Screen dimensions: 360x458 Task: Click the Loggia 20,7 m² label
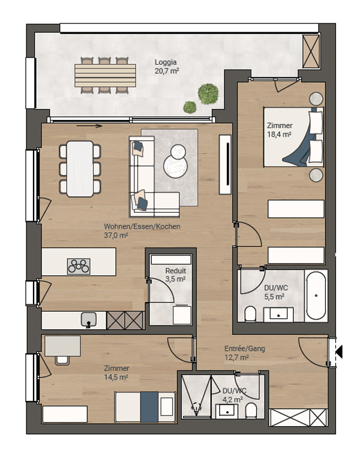pyautogui.click(x=167, y=67)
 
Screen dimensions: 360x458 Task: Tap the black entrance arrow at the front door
pyautogui.click(x=339, y=351)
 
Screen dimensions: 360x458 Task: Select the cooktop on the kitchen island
pyautogui.click(x=79, y=266)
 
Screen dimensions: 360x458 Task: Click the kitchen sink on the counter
pyautogui.click(x=89, y=319)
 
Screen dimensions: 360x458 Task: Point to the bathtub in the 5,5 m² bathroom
pyautogui.click(x=316, y=296)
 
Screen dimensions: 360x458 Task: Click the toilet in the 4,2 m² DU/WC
pyautogui.click(x=251, y=411)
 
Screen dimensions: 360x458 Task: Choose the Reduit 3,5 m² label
pyautogui.click(x=175, y=275)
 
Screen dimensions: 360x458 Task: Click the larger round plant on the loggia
pyautogui.click(x=208, y=94)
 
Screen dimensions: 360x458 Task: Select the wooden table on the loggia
pyautogui.click(x=105, y=76)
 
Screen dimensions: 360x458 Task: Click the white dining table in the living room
pyautogui.click(x=80, y=169)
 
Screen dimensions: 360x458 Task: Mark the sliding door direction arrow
pyautogui.click(x=89, y=126)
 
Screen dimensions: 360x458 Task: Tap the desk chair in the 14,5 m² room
pyautogui.click(x=62, y=360)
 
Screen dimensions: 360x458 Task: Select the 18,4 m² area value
pyautogui.click(x=279, y=134)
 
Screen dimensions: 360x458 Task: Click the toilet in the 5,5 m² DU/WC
pyautogui.click(x=250, y=314)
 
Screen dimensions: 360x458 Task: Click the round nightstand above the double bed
pyautogui.click(x=316, y=98)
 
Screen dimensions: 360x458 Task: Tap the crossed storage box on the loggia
pyautogui.click(x=311, y=52)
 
